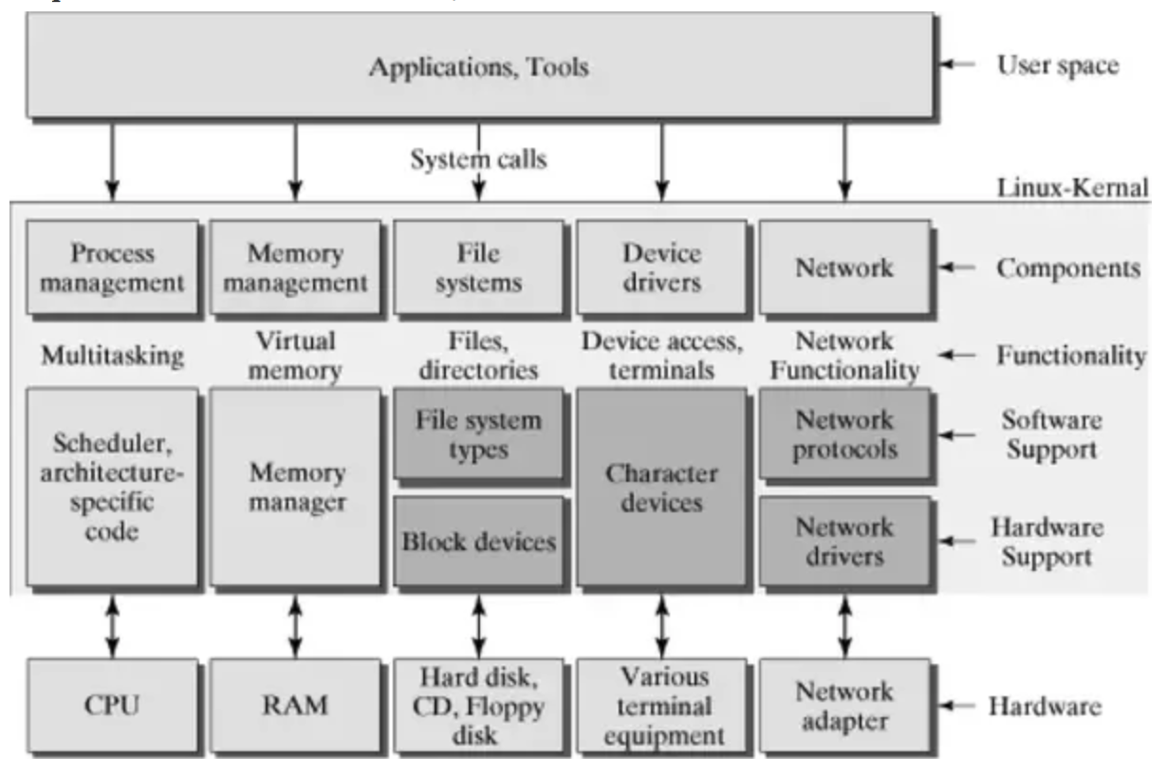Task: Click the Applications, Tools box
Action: (479, 66)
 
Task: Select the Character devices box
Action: (661, 487)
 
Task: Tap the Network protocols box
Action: (844, 433)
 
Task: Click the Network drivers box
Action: (844, 541)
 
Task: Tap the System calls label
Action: (478, 160)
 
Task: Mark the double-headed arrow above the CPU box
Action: (113, 626)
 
